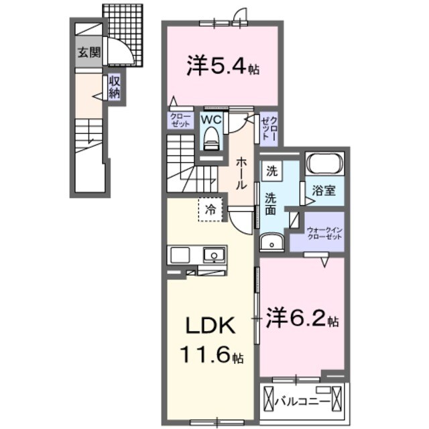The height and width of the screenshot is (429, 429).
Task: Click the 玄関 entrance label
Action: [88, 53]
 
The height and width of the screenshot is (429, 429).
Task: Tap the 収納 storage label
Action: [115, 87]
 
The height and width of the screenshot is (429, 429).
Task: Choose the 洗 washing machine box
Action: [272, 171]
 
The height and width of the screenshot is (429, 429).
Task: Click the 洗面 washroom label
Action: [271, 204]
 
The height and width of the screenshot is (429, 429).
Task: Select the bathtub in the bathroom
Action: [324, 164]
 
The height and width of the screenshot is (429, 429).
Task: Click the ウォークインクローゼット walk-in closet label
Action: [324, 232]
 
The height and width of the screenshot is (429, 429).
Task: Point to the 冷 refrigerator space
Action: [210, 208]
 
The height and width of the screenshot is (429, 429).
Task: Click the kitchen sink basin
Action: [214, 255]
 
